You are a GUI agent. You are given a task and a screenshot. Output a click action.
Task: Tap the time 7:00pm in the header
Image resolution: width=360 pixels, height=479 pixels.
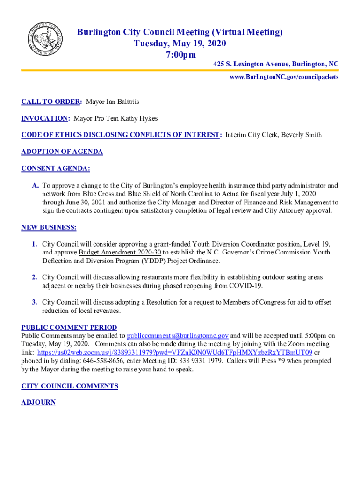pos(180,55)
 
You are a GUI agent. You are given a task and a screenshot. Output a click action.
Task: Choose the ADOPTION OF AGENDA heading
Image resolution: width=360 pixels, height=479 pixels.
pos(62,152)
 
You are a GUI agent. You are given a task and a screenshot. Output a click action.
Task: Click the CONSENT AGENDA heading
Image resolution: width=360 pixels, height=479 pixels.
pos(56,168)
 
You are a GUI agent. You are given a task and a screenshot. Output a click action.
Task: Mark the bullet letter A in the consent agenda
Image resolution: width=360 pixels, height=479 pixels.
pos(35,186)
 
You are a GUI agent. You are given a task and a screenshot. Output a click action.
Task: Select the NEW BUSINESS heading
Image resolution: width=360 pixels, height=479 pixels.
pos(49,228)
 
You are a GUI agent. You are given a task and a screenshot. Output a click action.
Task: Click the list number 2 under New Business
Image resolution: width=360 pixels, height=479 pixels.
pos(35,278)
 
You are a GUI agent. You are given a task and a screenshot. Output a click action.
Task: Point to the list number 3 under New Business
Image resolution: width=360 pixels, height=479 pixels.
pos(35,303)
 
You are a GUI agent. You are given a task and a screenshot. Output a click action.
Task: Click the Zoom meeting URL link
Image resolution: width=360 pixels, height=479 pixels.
pos(174,353)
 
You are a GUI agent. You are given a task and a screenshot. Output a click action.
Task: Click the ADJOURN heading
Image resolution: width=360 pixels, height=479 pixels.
pos(38,402)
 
